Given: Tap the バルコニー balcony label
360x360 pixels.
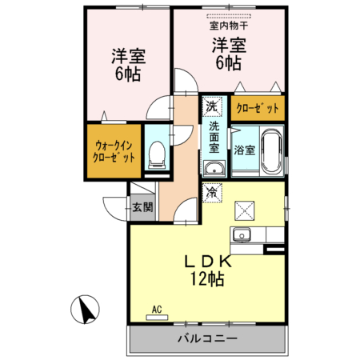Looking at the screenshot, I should [x=206, y=338].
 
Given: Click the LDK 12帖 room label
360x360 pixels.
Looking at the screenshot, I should [x=206, y=270].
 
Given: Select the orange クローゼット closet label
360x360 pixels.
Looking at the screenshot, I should [x=258, y=106].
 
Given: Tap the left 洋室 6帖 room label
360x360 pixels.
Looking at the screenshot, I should [x=126, y=66].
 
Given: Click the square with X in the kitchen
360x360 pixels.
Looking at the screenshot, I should [x=243, y=210].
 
